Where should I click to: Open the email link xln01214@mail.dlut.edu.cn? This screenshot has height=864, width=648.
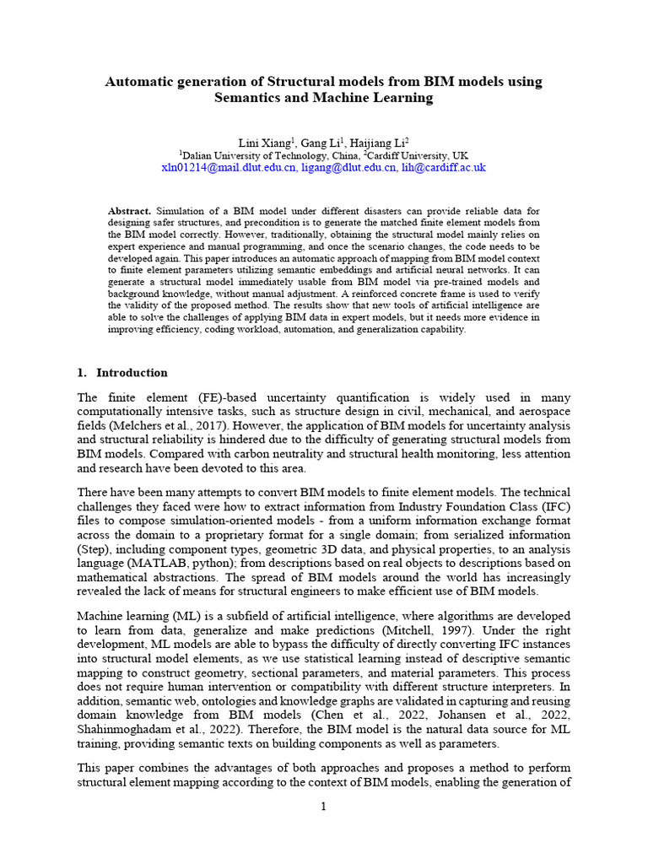229,168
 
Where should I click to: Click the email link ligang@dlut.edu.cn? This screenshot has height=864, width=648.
348,168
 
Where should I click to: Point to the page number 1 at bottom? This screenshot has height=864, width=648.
323,807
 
